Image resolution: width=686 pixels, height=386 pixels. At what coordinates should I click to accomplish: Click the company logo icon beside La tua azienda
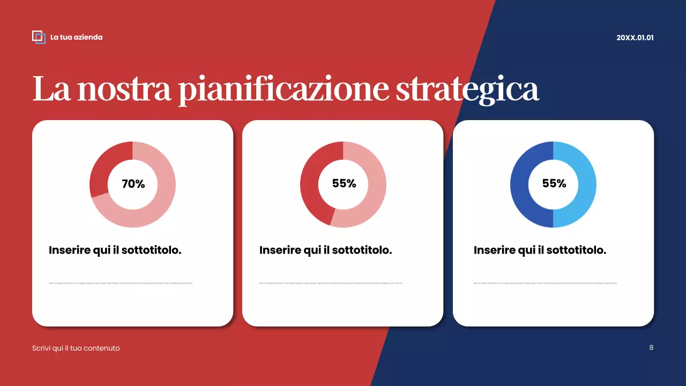[39, 37]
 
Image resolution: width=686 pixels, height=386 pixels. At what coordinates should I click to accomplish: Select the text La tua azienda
[76, 37]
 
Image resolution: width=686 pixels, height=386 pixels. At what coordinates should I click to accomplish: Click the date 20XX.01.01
[635, 38]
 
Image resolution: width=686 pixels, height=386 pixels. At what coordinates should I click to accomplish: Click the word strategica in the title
[467, 89]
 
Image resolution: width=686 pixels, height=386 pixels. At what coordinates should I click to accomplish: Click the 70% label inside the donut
[133, 184]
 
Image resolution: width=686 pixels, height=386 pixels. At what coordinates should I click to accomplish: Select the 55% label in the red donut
[344, 183]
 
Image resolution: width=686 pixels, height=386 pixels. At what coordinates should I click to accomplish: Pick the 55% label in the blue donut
[554, 183]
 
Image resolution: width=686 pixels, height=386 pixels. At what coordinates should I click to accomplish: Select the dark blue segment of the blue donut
[523, 185]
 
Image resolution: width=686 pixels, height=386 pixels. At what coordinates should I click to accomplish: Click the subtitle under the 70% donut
[115, 250]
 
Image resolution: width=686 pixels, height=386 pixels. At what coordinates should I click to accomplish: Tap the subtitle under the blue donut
[540, 250]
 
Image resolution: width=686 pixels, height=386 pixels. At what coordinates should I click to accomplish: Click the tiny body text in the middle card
[331, 283]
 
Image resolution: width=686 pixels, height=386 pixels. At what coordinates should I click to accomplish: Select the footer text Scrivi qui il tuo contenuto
[76, 348]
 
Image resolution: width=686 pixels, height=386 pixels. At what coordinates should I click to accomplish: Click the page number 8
[651, 347]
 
